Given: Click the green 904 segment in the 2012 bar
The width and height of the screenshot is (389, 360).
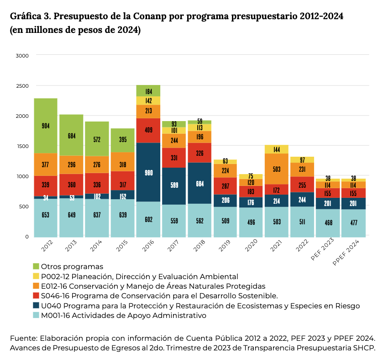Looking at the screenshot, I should (x=46, y=126).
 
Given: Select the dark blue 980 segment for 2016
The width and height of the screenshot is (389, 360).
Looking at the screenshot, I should (x=148, y=172).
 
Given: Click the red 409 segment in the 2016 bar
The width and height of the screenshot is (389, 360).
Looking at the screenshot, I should (x=148, y=130).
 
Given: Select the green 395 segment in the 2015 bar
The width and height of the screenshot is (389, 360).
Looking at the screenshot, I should (x=122, y=140).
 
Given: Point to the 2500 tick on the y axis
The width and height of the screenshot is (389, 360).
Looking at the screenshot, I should (x=23, y=86).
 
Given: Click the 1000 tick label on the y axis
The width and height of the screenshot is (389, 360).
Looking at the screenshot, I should (x=23, y=176).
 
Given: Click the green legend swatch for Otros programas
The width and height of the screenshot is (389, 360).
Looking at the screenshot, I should (x=36, y=266).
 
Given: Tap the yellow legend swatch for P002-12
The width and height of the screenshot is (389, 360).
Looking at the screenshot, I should (x=36, y=276).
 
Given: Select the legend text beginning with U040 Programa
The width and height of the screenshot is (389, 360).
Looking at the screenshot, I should (x=200, y=306).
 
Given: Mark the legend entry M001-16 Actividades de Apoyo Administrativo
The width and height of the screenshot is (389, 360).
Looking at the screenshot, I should (x=123, y=316).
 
